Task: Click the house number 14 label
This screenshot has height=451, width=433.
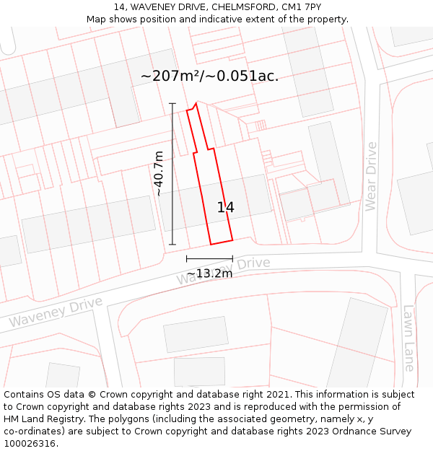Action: [x=225, y=207]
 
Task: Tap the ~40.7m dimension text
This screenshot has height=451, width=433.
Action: [x=159, y=173]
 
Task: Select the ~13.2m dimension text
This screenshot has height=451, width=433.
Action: [x=209, y=273]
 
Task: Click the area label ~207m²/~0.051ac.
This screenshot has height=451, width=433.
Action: [x=209, y=76]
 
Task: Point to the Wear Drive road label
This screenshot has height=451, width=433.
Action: [x=371, y=176]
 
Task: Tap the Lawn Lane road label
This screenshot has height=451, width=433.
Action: [x=409, y=338]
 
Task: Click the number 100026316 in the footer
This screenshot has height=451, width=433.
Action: [x=29, y=444]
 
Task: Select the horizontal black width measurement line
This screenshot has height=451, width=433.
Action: [x=209, y=258]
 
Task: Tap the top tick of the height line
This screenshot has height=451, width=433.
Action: [x=172, y=104]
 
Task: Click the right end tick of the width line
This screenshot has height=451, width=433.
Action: [x=232, y=258]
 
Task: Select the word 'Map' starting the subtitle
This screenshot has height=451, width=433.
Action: [x=96, y=19]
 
